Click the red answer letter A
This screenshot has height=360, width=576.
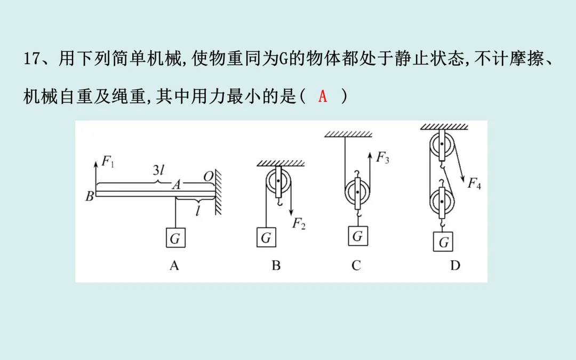point(323,97)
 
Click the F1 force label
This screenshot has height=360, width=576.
point(108,162)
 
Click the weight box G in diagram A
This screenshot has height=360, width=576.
point(175,238)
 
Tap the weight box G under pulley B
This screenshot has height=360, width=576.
point(266,238)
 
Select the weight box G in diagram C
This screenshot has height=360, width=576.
point(358,235)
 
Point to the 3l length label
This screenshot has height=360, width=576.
point(159,172)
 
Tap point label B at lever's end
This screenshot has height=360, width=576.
point(89,196)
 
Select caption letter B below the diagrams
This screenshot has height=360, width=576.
point(276,265)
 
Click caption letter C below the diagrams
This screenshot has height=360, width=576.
point(356,265)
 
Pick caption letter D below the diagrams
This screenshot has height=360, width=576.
point(455,265)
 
